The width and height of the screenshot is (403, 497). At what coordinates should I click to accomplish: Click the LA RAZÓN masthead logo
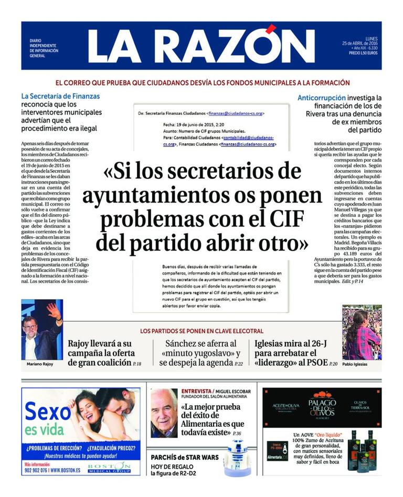(201, 46)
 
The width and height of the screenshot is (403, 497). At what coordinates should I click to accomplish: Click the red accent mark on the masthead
(271, 29)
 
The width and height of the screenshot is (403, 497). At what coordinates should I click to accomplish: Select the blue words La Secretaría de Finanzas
(60, 96)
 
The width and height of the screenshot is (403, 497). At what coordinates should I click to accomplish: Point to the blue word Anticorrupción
(322, 98)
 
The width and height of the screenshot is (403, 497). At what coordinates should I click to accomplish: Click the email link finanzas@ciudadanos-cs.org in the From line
(236, 113)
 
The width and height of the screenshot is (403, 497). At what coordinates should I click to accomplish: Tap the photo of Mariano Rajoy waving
(42, 330)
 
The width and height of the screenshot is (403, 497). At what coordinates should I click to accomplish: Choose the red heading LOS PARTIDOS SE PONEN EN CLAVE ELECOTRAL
(201, 331)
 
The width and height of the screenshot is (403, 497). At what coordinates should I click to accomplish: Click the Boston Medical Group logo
(109, 467)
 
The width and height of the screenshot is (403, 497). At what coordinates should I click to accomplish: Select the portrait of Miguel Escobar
(164, 413)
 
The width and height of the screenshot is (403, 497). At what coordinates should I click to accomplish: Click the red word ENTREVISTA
(196, 392)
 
